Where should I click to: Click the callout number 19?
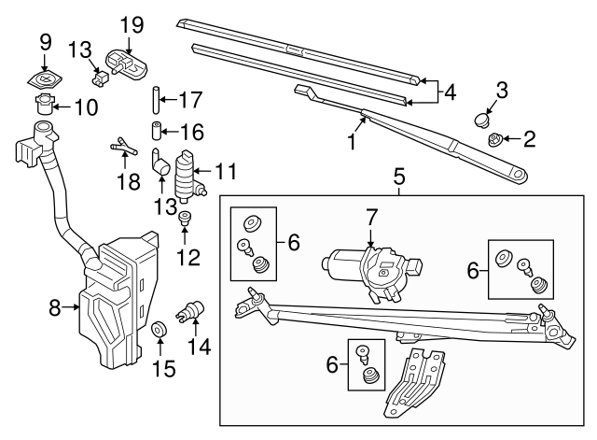pyautogui.click(x=132, y=22)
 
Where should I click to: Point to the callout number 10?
pyautogui.click(x=85, y=106)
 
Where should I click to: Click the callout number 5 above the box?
pyautogui.click(x=398, y=176)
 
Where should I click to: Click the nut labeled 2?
pyautogui.click(x=496, y=141)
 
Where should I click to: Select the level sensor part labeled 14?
pyautogui.click(x=193, y=310)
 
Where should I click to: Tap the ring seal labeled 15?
pyautogui.click(x=160, y=330)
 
